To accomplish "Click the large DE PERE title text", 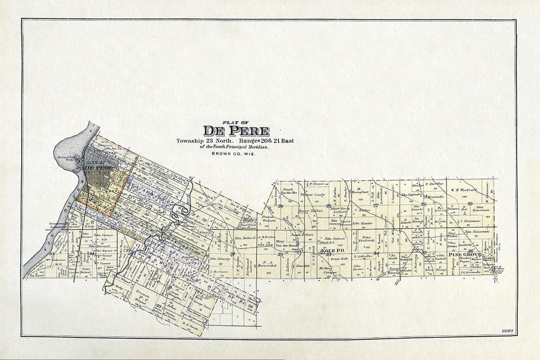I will coord(236,130).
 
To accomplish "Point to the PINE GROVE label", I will coord(462,255).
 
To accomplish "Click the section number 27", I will coord(375,205).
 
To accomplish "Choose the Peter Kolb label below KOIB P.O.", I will coord(340,259).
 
